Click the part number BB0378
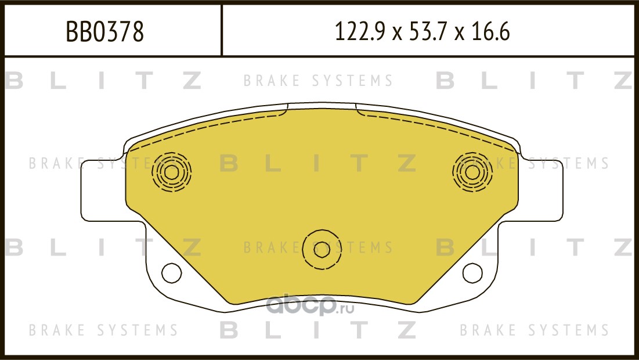pyautogui.click(x=104, y=31)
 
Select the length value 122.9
pyautogui.click(x=360, y=31)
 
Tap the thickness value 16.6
pyautogui.click(x=490, y=31)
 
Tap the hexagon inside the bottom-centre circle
pyautogui.click(x=322, y=250)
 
